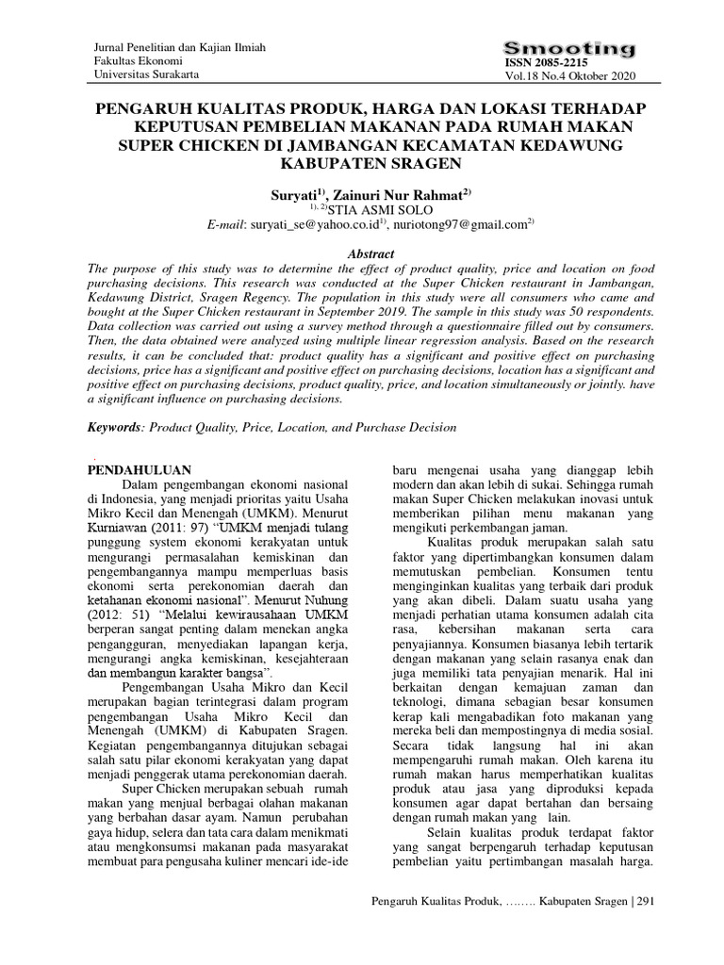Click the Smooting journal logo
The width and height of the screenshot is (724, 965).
tap(569, 48)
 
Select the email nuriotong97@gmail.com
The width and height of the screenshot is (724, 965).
tap(460, 224)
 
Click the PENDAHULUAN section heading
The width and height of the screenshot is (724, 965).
tap(140, 468)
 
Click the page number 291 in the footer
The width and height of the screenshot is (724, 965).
tap(646, 901)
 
